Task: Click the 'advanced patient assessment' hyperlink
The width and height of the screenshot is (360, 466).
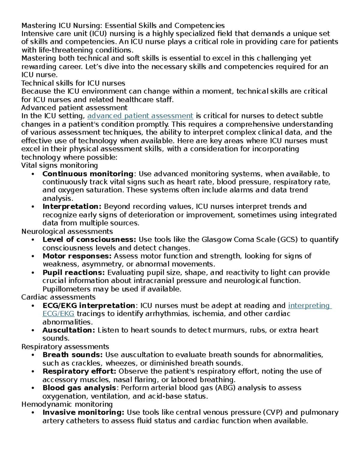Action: pyautogui.click(x=140, y=116)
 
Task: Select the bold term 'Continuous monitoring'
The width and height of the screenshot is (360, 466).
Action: pyautogui.click(x=88, y=174)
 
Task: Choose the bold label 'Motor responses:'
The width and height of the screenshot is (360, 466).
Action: pyautogui.click(x=77, y=256)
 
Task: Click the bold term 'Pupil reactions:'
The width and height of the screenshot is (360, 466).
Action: pyautogui.click(x=74, y=273)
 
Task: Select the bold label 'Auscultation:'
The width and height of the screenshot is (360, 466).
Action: pyautogui.click(x=69, y=330)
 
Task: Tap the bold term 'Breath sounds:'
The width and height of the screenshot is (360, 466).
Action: pyautogui.click(x=73, y=355)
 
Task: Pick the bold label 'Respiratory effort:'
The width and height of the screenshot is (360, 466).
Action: pyautogui.click(x=79, y=371)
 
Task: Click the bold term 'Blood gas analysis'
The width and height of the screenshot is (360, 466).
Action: pyautogui.click(x=79, y=388)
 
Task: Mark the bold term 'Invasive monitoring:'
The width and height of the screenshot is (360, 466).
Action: pyautogui.click(x=83, y=413)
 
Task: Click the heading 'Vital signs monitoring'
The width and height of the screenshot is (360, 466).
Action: pyautogui.click(x=60, y=166)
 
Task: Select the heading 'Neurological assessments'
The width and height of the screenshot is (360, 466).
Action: pyautogui.click(x=67, y=232)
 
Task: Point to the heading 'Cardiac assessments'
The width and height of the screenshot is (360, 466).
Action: pyautogui.click(x=58, y=297)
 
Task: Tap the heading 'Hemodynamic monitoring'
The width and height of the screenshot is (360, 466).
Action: pyautogui.click(x=67, y=404)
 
